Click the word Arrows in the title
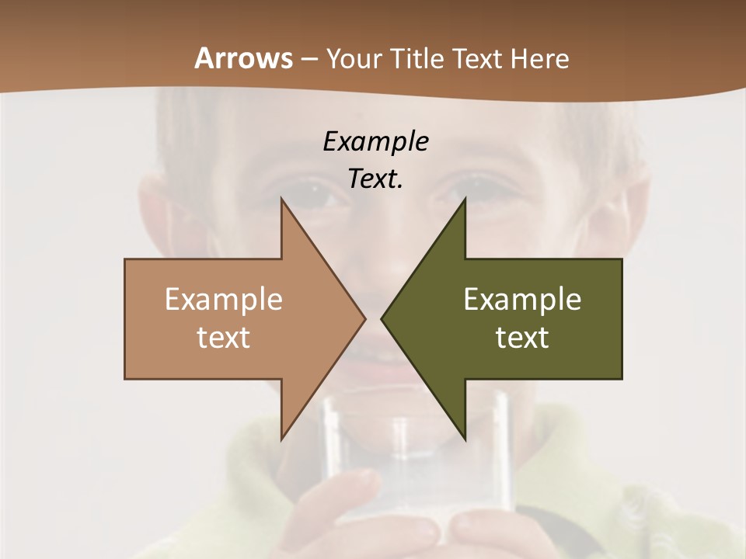tap(243, 58)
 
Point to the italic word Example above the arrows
tap(375, 141)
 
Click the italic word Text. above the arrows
tap(375, 179)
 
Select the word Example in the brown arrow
tap(224, 299)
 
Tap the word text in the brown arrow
tap(224, 337)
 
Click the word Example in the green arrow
tap(522, 299)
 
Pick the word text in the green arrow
tap(522, 337)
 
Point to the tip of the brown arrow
tap(364, 318)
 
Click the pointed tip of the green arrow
tap(382, 318)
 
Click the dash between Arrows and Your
tap(309, 59)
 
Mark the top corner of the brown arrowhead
tap(281, 199)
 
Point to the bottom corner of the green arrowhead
tap(465, 439)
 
